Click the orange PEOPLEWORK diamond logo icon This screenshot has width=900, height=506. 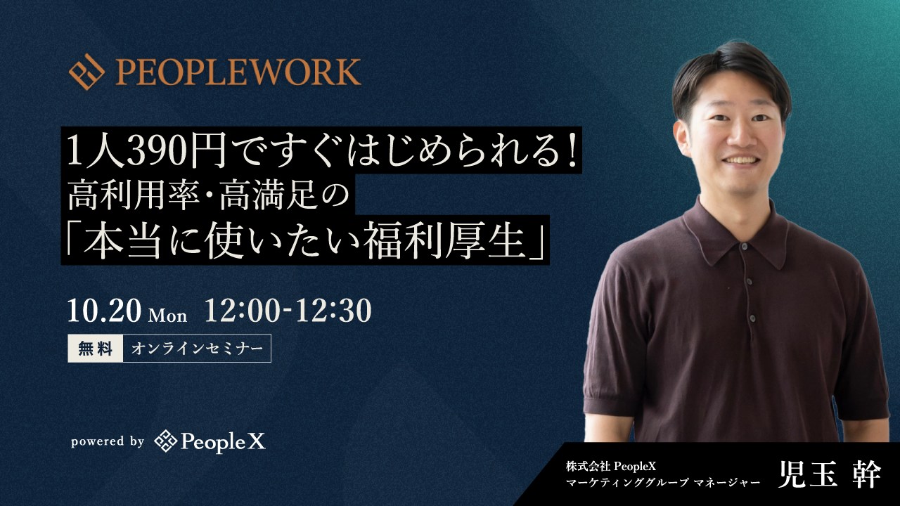tap(86, 72)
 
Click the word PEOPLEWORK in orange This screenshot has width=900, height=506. tap(238, 72)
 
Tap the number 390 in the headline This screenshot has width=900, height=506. tap(158, 151)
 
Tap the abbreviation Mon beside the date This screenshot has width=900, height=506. tap(167, 316)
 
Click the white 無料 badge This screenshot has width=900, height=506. tap(95, 348)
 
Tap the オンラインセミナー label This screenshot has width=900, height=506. tap(197, 348)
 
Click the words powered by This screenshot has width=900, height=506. tap(108, 441)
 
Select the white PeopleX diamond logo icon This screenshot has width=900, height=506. tap(165, 441)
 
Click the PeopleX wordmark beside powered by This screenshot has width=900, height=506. tap(223, 442)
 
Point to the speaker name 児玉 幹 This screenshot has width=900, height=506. tap(829, 474)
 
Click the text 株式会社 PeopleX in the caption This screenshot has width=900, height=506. tap(611, 466)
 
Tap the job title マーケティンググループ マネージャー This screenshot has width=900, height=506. tap(663, 482)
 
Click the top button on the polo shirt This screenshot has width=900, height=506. tap(744, 246)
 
